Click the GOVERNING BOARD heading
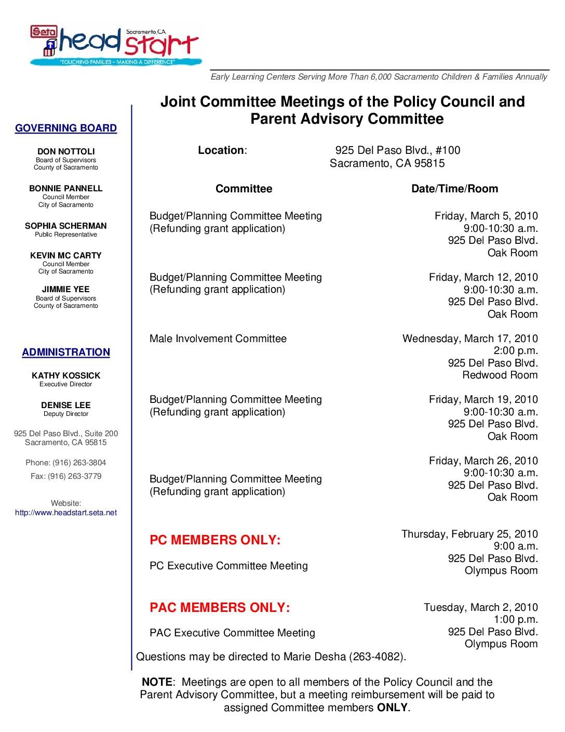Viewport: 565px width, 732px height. point(66,128)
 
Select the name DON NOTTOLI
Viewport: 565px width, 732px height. point(66,152)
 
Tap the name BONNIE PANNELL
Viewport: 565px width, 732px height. point(66,188)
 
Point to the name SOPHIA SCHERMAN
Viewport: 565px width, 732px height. point(66,226)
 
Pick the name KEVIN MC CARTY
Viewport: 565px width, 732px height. point(66,255)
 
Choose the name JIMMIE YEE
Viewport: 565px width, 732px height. point(66,289)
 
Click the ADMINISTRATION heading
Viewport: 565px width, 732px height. point(66,352)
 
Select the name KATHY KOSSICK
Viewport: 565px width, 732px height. point(66,375)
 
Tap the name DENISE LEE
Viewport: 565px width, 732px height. point(66,405)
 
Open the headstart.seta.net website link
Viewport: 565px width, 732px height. point(66,513)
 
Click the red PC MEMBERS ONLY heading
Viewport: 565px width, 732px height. point(215,540)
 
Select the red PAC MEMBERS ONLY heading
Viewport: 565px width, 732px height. point(220,607)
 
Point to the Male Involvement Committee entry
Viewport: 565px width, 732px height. point(218,338)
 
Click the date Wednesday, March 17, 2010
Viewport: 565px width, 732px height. point(470,338)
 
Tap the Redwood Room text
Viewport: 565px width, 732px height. point(500,375)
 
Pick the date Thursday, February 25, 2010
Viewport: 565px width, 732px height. point(469,534)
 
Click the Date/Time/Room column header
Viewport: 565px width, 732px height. point(454,189)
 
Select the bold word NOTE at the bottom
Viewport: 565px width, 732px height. point(157,682)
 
